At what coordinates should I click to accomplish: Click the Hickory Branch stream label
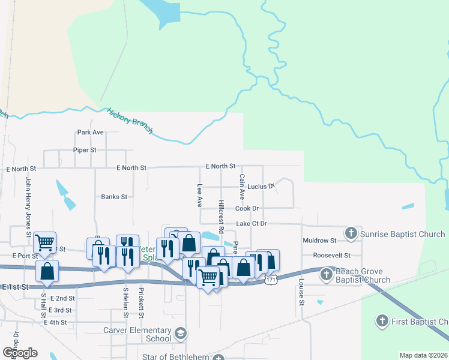click(x=130, y=120)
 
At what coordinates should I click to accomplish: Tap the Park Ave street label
click(x=91, y=132)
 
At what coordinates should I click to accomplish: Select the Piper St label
click(x=85, y=150)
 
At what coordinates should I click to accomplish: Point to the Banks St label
click(x=114, y=196)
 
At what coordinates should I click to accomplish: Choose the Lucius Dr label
click(x=261, y=187)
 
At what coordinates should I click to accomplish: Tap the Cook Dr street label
click(x=247, y=208)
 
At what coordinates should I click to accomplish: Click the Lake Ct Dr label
click(x=251, y=223)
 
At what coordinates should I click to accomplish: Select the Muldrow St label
click(x=320, y=241)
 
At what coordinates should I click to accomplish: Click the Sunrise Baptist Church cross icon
click(x=351, y=233)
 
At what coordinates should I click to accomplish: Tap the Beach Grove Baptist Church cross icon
click(x=326, y=275)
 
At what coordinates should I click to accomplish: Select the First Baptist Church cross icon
click(x=382, y=321)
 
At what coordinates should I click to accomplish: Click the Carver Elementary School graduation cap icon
click(x=181, y=333)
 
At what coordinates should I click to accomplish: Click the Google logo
click(x=20, y=352)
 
